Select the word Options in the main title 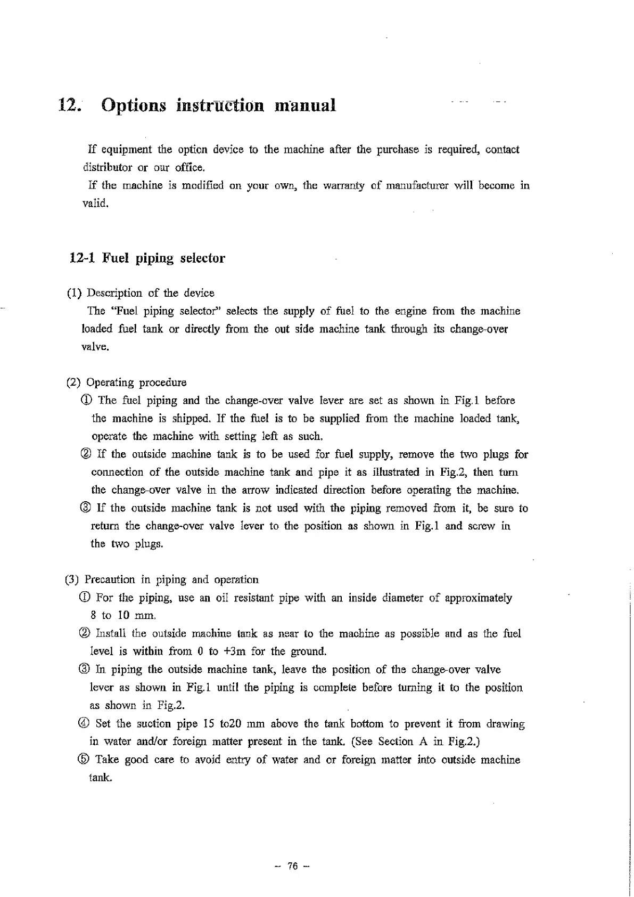point(133,105)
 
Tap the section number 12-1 point(82,258)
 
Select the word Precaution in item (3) point(110,580)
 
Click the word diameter point(403,598)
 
